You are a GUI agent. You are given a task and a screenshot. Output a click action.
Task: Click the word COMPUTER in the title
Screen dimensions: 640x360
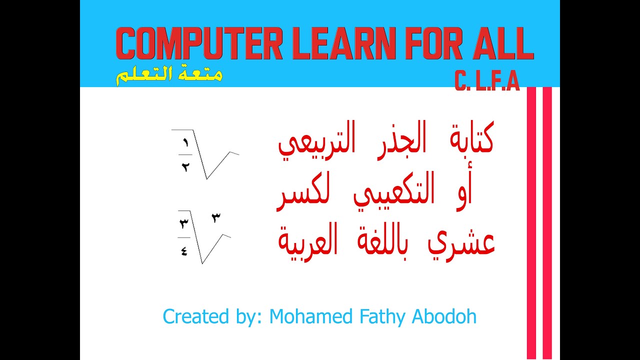tap(199, 43)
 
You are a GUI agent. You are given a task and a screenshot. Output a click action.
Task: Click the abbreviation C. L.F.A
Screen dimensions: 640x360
tap(487, 81)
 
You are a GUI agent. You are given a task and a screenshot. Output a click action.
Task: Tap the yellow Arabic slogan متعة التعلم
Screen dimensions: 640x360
tap(169, 75)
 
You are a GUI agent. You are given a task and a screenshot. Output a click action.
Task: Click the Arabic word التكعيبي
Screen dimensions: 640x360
tap(394, 189)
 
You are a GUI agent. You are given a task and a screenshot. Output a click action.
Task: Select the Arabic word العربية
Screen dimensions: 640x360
tap(308, 242)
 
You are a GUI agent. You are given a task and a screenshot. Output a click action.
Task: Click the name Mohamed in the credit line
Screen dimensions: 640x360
tap(310, 316)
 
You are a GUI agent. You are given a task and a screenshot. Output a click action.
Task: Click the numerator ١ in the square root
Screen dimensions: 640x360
tap(185, 142)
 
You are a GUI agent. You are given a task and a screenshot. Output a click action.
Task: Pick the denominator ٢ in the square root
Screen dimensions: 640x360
tap(185, 167)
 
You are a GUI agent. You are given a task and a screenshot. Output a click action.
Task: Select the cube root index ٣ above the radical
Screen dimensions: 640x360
tap(216, 218)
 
